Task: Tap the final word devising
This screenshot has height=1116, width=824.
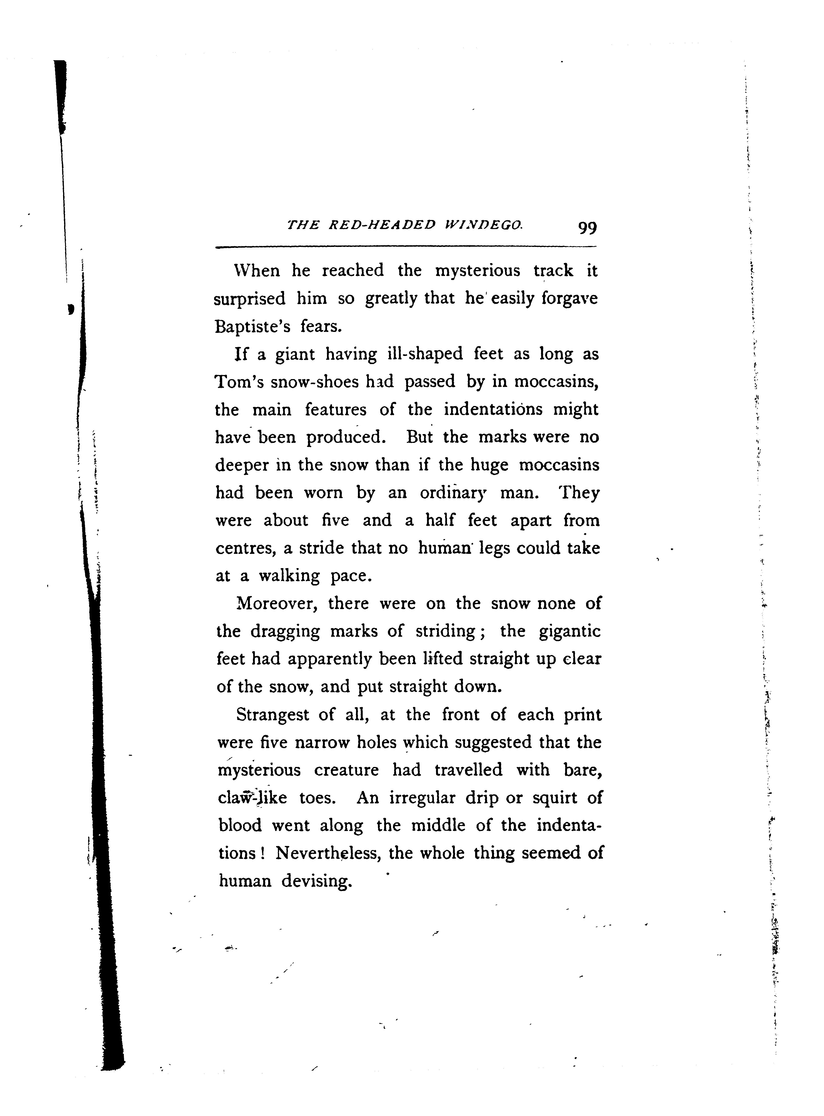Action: point(317,882)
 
